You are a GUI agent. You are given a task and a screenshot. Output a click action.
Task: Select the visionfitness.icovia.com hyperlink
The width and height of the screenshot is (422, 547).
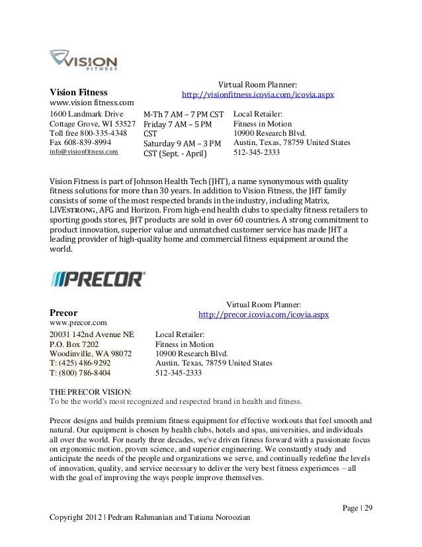click(257, 95)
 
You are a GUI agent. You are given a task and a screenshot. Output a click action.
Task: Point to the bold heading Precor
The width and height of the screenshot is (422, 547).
click(64, 311)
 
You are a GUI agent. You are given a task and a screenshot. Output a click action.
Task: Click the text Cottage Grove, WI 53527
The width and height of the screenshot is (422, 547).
click(93, 123)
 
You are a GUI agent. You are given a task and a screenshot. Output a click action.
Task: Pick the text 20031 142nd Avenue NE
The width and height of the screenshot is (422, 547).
click(91, 334)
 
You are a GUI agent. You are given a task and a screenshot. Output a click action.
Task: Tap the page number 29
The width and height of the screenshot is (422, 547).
click(368, 508)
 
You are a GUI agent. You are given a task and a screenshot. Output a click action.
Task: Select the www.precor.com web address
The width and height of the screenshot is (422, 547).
click(78, 322)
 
